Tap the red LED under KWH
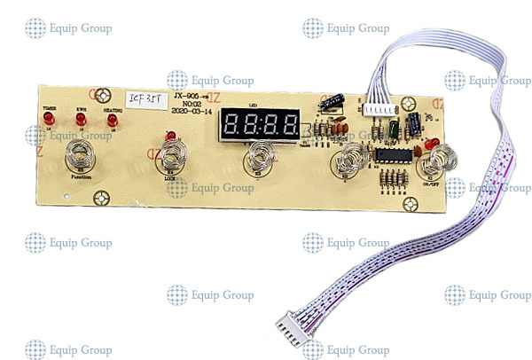[x=81, y=119]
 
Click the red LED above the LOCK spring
[x=169, y=137]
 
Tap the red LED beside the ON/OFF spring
[x=430, y=143]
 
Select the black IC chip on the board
[x=390, y=157]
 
